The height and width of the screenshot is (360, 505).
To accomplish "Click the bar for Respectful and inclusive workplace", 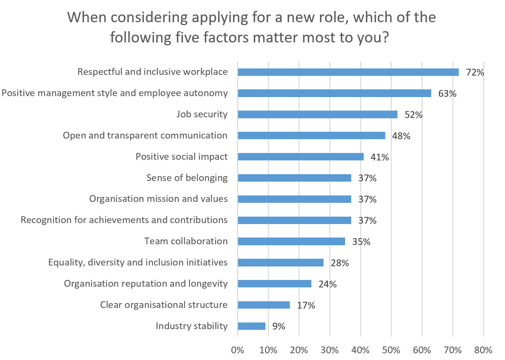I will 348,72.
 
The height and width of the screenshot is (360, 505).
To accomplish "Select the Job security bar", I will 317,114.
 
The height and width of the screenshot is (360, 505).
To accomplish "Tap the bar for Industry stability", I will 252,326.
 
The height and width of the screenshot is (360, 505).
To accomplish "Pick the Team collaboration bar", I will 291,241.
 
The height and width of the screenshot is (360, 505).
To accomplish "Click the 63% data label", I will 447,94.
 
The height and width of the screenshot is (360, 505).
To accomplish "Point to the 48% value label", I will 401,136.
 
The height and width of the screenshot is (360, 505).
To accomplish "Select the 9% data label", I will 279,326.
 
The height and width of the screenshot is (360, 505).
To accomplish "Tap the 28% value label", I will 340,263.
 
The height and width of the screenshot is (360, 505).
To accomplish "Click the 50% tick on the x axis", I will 391,350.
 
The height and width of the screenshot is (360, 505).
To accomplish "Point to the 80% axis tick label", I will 483,350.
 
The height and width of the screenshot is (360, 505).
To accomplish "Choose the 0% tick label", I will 237,350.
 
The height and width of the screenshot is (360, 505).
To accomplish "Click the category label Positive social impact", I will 182,157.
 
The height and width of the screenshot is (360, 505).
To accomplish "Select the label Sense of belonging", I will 187,178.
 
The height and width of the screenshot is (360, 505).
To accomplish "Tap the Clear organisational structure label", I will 164,305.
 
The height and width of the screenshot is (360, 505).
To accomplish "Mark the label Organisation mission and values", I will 158,199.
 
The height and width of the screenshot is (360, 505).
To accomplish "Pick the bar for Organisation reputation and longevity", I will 274,284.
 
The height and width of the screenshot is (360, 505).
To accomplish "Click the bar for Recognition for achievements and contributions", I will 294,220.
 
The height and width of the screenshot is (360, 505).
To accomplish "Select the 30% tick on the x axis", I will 330,350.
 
